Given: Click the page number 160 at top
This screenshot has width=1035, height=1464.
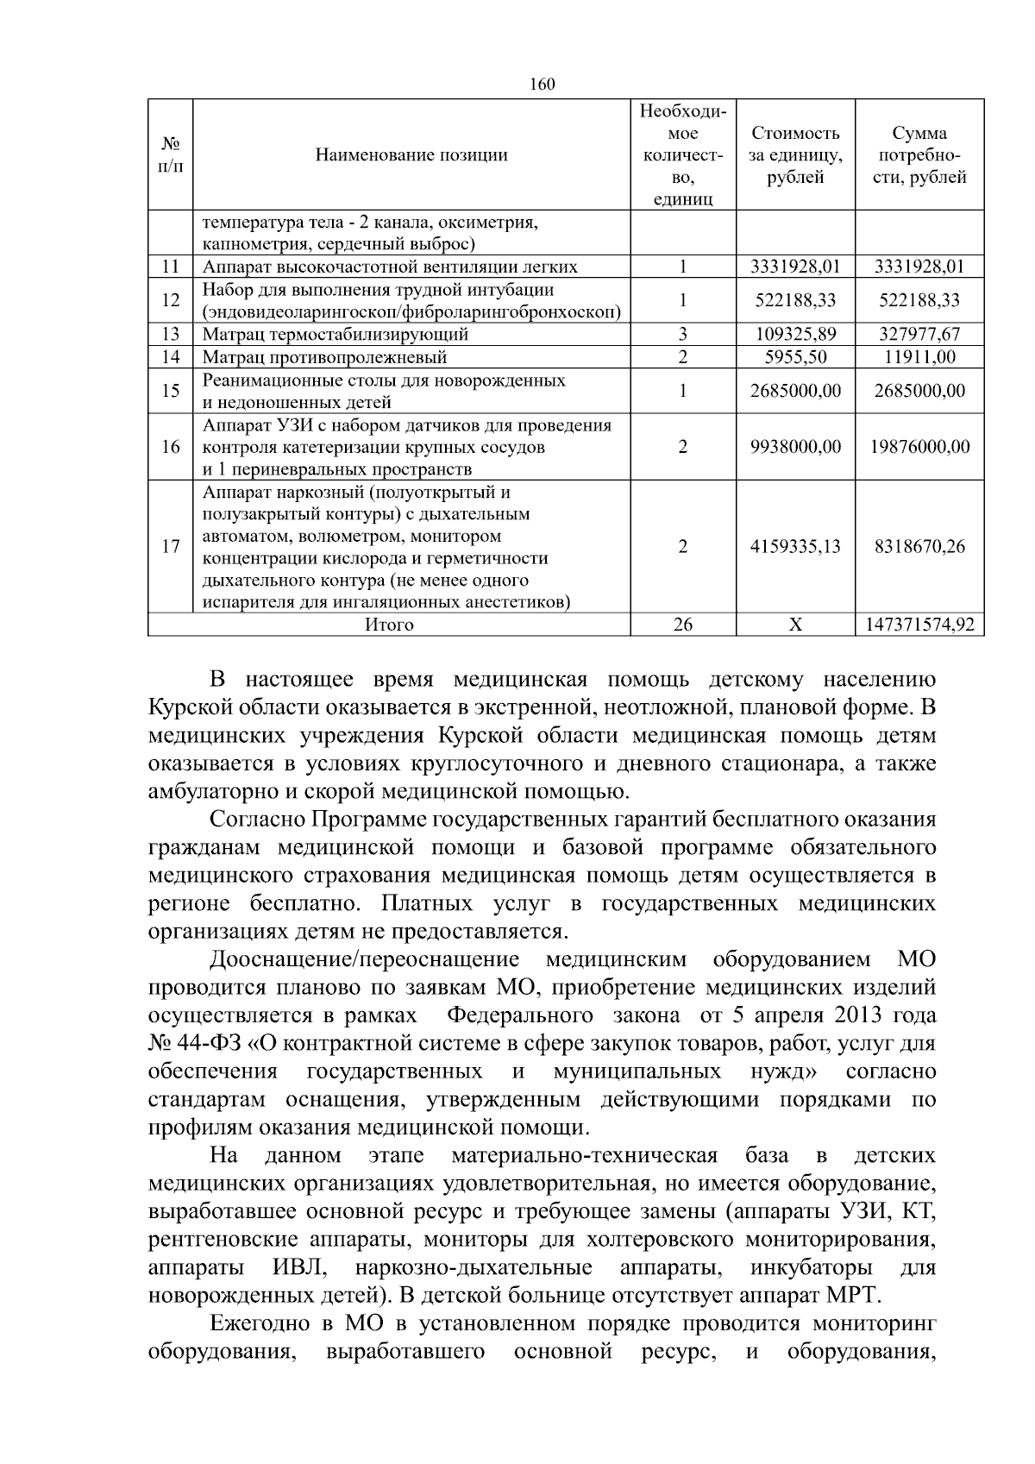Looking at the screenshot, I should tap(542, 84).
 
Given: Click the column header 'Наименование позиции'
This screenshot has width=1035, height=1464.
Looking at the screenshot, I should tap(411, 155).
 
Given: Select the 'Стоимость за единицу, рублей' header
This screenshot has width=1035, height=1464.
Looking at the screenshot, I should tap(795, 155).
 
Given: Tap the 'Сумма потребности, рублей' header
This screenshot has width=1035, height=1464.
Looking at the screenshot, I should tap(919, 155).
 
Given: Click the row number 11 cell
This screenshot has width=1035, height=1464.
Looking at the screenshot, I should tap(170, 267).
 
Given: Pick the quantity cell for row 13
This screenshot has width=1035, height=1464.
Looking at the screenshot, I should tap(682, 334).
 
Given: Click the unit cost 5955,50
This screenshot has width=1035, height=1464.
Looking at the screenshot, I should tap(795, 356).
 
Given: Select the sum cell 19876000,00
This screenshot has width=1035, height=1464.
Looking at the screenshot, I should tap(919, 446).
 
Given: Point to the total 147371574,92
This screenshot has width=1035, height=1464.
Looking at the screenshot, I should tap(919, 625).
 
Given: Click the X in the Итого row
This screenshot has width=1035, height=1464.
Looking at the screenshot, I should tap(795, 625).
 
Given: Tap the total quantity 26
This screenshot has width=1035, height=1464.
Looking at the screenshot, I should tap(682, 625).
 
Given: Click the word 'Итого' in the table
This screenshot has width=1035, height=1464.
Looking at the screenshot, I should tap(389, 625).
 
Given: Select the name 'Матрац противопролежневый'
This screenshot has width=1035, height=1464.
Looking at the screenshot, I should tap(324, 356).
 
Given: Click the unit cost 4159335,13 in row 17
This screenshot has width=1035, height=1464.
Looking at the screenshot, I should tap(795, 546).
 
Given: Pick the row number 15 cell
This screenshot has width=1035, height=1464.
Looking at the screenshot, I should tap(170, 391).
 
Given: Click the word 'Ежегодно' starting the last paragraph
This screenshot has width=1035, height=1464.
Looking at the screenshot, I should tap(260, 1324).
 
